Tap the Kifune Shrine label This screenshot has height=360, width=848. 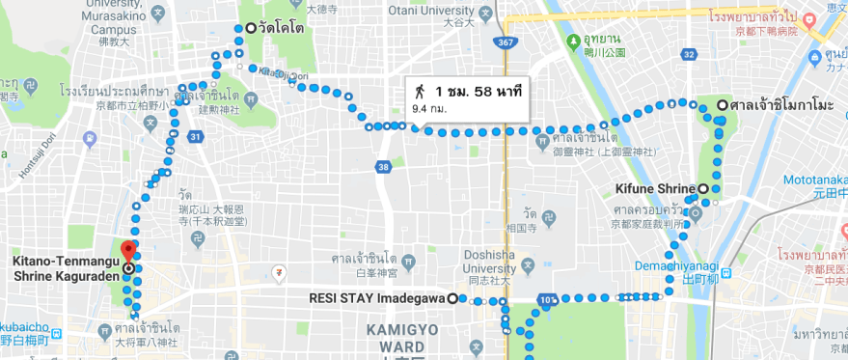(x=655, y=188)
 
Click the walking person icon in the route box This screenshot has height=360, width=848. (x=420, y=92)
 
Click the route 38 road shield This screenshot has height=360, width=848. (x=384, y=167)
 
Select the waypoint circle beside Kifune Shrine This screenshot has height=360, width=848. (x=703, y=188)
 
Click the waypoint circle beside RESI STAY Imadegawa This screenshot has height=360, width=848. (x=451, y=298)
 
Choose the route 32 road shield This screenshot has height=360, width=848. (x=689, y=54)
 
